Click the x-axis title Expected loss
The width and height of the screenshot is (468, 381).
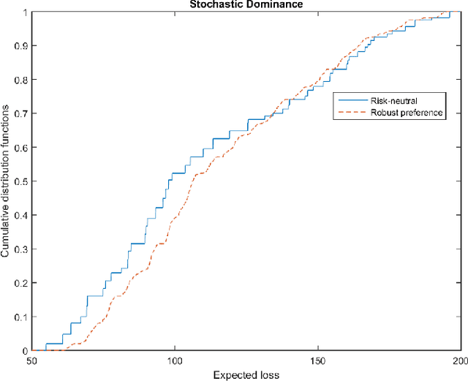click(x=246, y=375)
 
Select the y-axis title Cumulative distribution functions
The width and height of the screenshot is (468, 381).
click(x=7, y=181)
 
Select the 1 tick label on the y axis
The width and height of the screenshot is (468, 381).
click(x=24, y=12)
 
